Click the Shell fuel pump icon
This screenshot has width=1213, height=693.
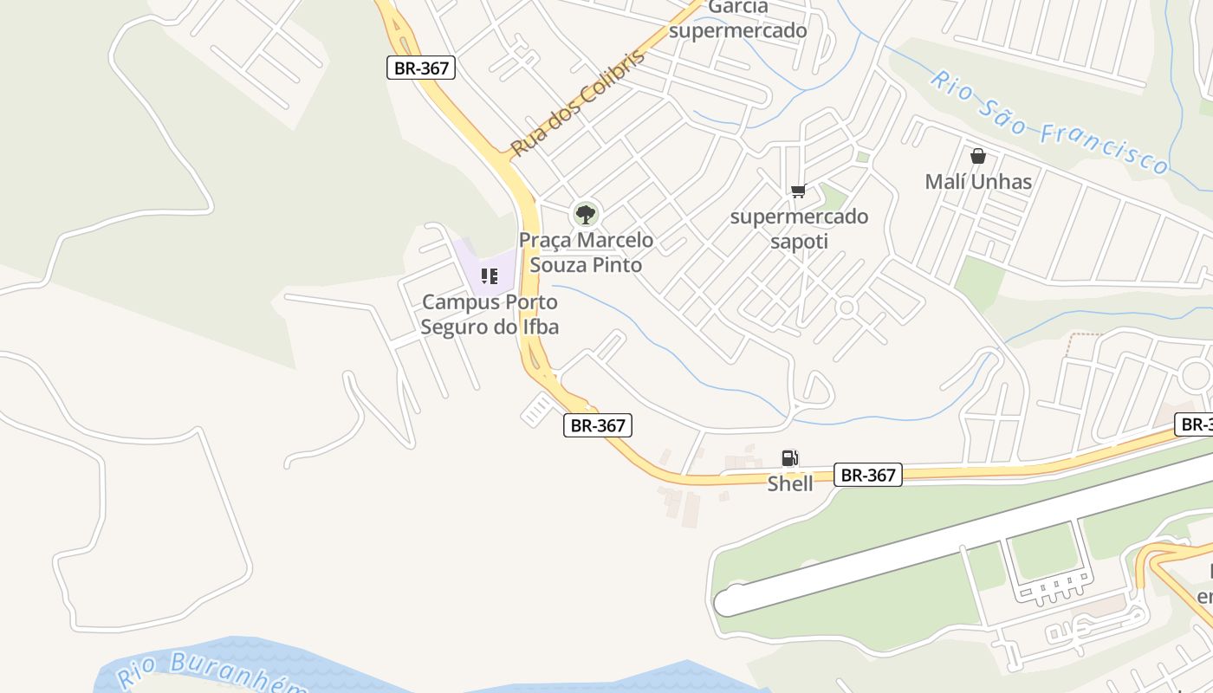pos(789,458)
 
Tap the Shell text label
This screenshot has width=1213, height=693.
pos(790,483)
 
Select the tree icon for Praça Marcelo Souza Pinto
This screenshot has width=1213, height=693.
pos(586,213)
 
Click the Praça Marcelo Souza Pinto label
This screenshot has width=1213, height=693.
pos(586,252)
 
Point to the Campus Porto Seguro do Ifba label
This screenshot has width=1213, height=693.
pos(490,314)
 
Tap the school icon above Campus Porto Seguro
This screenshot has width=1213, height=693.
pos(490,276)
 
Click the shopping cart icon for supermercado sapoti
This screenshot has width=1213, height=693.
pos(798,191)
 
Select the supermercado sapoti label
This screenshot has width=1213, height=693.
pos(799,229)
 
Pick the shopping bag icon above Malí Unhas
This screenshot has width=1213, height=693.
pos(978,156)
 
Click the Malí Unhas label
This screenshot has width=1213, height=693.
pos(978,182)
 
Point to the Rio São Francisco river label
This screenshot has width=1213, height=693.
pos(1048,122)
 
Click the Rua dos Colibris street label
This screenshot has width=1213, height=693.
pos(578,103)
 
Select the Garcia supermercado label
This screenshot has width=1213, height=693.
pos(738,19)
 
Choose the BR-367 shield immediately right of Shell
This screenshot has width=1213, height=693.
pos(869,475)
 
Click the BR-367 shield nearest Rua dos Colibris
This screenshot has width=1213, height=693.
pos(420,68)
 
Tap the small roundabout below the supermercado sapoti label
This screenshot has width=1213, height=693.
pos(847,308)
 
